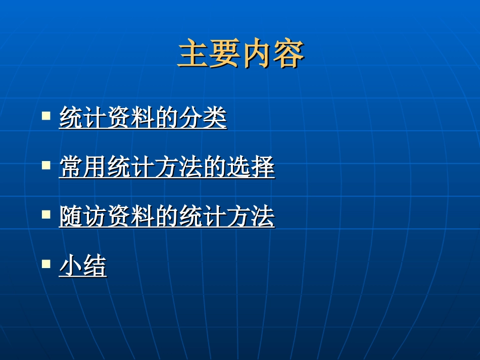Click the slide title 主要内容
point(241,55)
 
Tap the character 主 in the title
point(194,55)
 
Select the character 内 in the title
point(257,55)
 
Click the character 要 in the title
point(225,55)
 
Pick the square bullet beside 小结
point(46,263)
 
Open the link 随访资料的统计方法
point(167,217)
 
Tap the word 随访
point(83,217)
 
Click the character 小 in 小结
point(71,266)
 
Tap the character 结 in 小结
point(95,266)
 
